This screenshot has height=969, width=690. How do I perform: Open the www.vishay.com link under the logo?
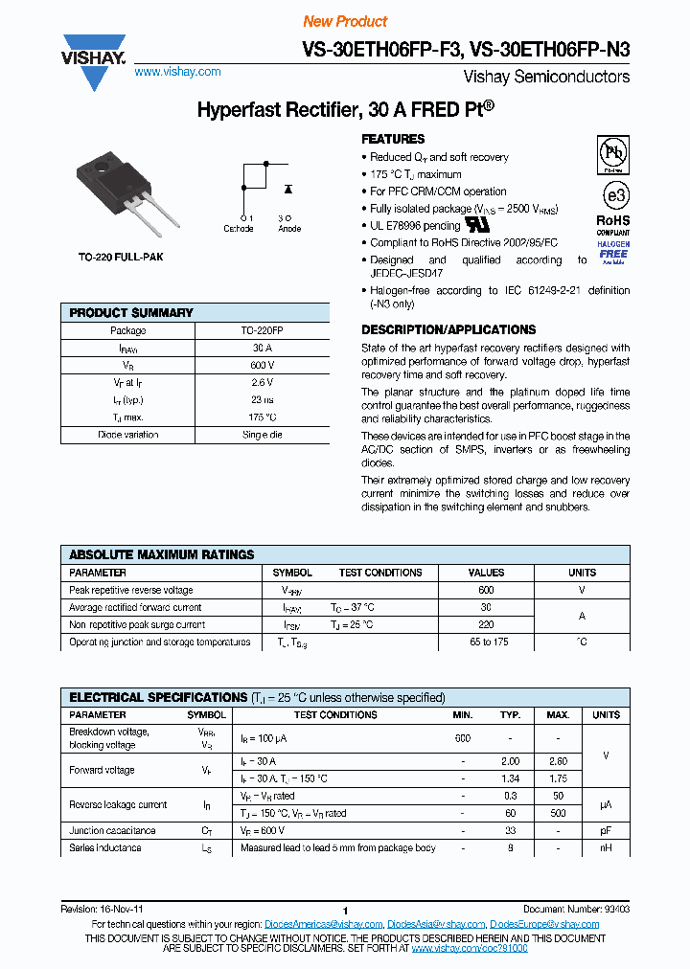[177, 72]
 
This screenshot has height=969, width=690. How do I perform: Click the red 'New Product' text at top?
[345, 21]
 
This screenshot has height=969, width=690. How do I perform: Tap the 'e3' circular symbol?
[613, 194]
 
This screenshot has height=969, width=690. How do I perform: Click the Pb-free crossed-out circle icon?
[613, 153]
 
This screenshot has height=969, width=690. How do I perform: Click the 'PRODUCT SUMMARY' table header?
[131, 313]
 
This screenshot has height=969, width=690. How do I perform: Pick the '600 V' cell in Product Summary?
[263, 366]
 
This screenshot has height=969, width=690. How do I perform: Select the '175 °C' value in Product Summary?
[263, 417]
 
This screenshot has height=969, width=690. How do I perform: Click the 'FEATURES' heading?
[393, 139]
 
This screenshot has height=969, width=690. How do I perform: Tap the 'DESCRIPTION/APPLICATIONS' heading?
[448, 329]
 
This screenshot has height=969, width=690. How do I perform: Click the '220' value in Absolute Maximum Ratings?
[486, 624]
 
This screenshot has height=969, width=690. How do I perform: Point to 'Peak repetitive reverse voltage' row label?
[130, 590]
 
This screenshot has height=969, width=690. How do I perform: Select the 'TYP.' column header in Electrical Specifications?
[511, 715]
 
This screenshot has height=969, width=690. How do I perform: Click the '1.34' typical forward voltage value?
[511, 778]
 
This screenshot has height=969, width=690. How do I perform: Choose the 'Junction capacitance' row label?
[112, 830]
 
